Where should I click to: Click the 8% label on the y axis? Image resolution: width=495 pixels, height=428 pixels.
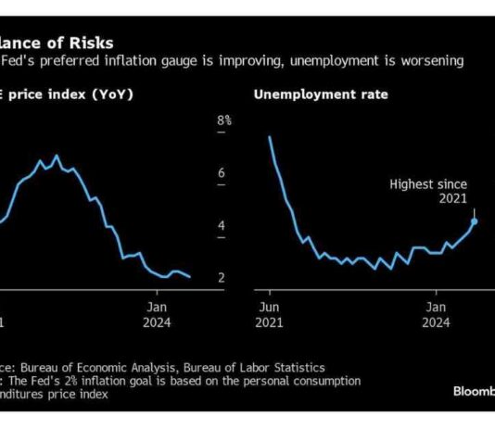223,120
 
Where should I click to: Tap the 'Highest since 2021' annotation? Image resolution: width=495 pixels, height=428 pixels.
428,190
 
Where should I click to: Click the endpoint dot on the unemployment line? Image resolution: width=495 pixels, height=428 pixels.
474,220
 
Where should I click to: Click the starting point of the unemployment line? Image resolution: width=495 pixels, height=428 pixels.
269,137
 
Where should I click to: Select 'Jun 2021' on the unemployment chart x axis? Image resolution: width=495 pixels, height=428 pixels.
270,313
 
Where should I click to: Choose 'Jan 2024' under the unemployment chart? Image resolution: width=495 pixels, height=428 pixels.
435,313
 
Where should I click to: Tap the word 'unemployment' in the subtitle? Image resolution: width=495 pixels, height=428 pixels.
325,60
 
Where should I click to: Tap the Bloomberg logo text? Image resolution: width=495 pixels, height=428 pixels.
473,390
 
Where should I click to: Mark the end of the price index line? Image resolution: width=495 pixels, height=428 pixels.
190,276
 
